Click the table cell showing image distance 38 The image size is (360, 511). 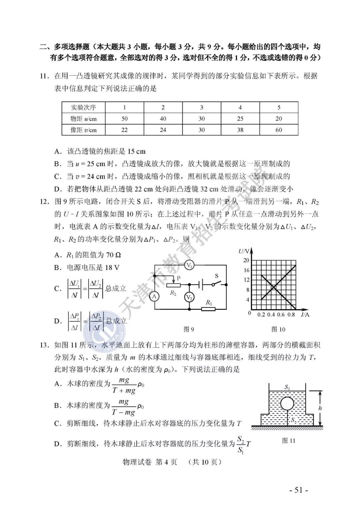[240, 130]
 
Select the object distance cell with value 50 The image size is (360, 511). [124, 119]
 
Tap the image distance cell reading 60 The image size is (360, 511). [279, 130]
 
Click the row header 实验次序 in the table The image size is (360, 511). [83, 108]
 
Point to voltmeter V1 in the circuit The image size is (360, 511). [190, 265]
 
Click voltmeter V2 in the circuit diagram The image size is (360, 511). [189, 297]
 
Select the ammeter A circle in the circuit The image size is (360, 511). [154, 296]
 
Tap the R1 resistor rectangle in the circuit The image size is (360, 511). [209, 309]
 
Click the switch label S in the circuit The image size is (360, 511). [216, 276]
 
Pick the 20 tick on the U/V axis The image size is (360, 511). [246, 260]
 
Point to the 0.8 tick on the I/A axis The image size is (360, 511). [291, 315]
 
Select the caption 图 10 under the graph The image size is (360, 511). [278, 329]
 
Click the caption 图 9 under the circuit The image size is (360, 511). [189, 329]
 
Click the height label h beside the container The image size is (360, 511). [320, 408]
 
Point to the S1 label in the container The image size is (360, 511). [287, 387]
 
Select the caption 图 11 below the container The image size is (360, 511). [289, 441]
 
